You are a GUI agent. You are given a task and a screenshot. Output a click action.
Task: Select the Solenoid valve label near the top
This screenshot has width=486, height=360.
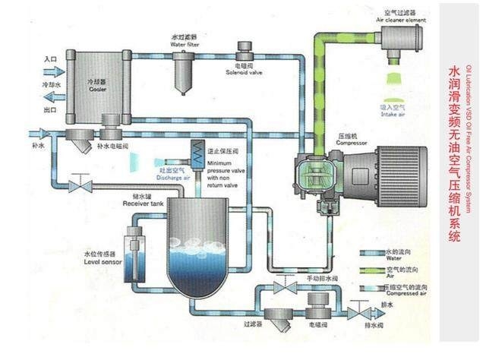pos(244,73)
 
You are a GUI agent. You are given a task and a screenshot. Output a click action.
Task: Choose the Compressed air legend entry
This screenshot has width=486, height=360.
pos(395,291)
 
